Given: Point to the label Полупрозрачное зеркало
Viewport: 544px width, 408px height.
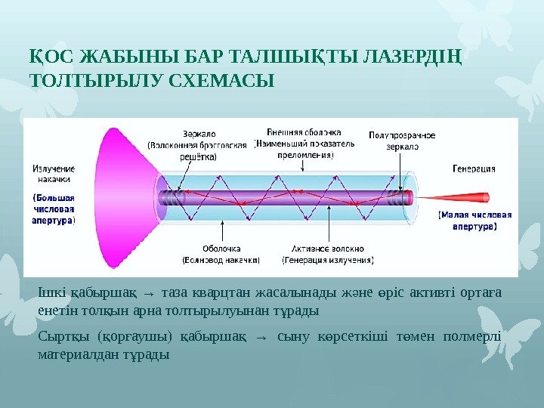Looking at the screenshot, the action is pyautogui.click(x=402, y=141).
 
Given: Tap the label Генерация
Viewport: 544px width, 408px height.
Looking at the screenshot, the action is pyautogui.click(x=474, y=169).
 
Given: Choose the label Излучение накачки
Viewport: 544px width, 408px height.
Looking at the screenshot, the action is pyautogui.click(x=54, y=174).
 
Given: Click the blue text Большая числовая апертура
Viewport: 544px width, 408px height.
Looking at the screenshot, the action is pyautogui.click(x=54, y=209).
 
